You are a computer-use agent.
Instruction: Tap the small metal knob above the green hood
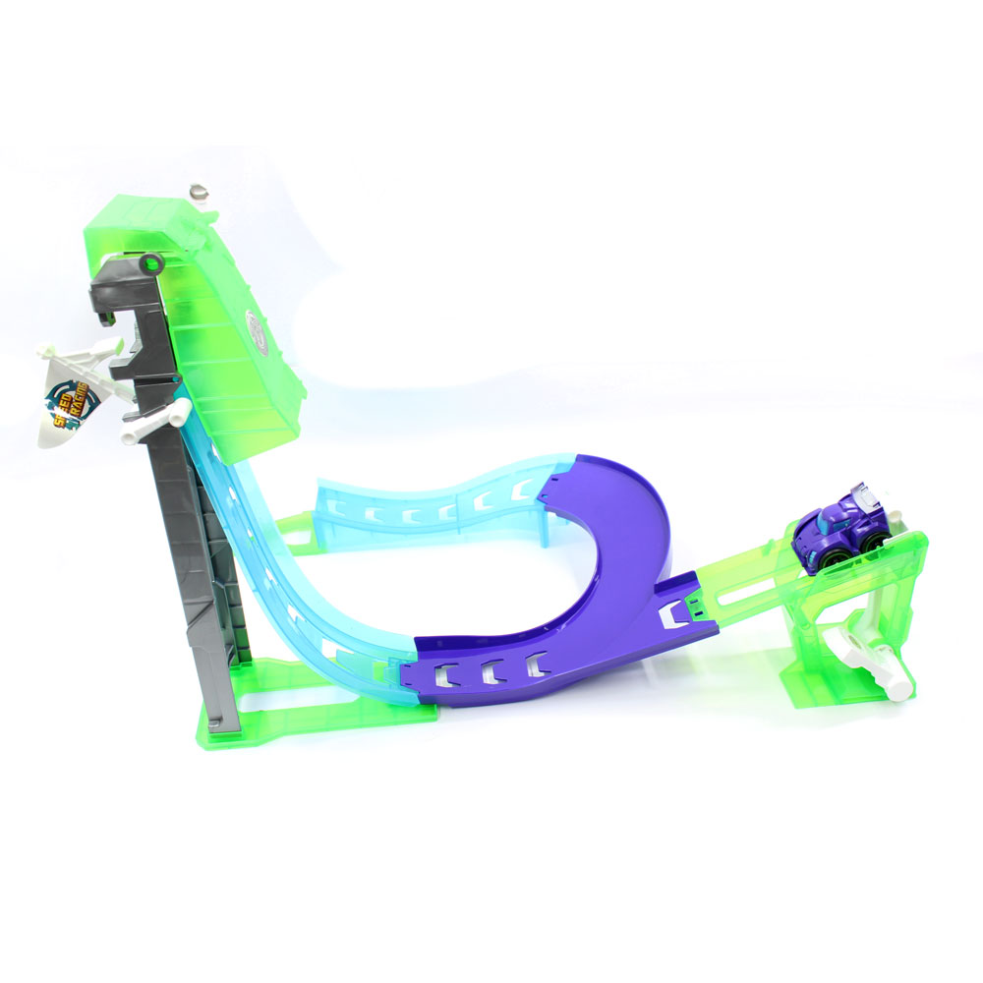point(202,191)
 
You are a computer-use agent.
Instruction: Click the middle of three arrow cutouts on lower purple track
point(489,672)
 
